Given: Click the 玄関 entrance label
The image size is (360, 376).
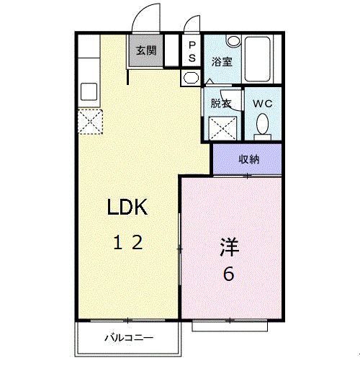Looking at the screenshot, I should [x=146, y=51].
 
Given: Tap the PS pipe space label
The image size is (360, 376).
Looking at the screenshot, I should [x=192, y=50].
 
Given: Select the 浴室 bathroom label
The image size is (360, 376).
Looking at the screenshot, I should [x=220, y=63].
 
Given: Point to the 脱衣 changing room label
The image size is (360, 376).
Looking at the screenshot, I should [x=220, y=103].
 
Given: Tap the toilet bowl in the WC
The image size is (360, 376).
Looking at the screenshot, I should [x=263, y=125].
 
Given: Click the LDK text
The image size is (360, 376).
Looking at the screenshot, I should [x=127, y=208].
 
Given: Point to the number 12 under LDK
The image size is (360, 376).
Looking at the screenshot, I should [x=127, y=243].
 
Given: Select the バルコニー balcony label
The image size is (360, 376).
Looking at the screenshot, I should [x=127, y=336].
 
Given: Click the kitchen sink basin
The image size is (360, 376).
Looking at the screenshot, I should [x=89, y=92].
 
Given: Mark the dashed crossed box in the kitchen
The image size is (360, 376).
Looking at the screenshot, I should [x=91, y=122].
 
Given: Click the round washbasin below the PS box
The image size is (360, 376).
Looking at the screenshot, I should [x=191, y=77].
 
